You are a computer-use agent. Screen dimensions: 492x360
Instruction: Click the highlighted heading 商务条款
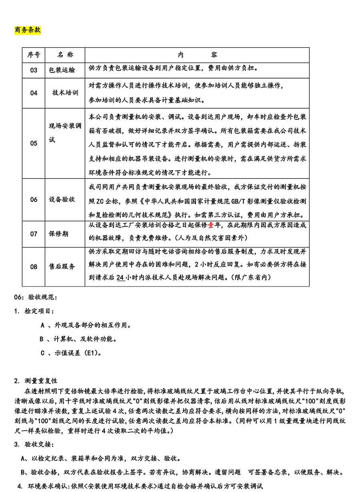pyautogui.click(x=28, y=30)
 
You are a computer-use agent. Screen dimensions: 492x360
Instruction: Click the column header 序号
pyautogui.click(x=34, y=55)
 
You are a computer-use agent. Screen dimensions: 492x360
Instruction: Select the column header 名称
pyautogui.click(x=65, y=55)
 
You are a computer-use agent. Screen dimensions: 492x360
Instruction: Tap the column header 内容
pyautogui.click(x=197, y=55)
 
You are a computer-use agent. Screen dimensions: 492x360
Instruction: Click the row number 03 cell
pyautogui.click(x=34, y=70)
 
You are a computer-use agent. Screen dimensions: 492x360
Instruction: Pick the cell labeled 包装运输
pyautogui.click(x=62, y=70)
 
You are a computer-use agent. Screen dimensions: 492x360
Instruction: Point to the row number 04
pyautogui.click(x=34, y=93)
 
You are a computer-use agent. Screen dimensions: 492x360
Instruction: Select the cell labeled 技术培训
pyautogui.click(x=65, y=93)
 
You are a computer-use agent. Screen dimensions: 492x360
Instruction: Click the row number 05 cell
pyautogui.click(x=34, y=143)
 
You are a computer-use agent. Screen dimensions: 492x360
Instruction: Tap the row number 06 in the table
pyautogui.click(x=34, y=200)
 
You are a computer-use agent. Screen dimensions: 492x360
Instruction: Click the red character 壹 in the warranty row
pyautogui.click(x=211, y=225)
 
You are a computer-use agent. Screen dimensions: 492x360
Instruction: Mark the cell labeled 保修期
pyautogui.click(x=59, y=234)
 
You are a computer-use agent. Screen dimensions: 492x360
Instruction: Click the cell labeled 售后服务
pyautogui.click(x=62, y=266)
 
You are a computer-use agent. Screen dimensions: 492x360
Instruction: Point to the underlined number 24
pyautogui.click(x=120, y=277)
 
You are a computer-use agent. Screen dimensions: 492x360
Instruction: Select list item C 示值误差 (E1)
pyautogui.click(x=71, y=353)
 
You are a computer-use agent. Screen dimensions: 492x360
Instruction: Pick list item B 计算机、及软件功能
pyautogui.click(x=78, y=339)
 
